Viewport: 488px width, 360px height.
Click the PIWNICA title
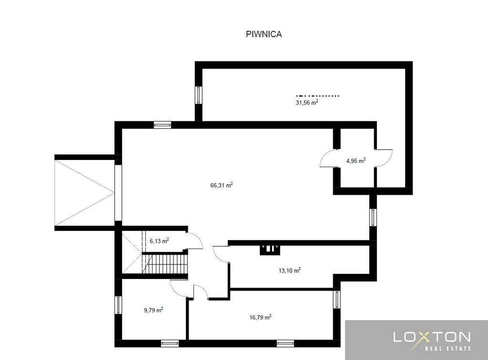point(264,34)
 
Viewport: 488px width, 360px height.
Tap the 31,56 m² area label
point(307,102)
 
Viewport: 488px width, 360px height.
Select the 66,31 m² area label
point(222,185)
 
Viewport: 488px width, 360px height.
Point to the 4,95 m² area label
point(356,161)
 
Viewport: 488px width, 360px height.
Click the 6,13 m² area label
point(159,241)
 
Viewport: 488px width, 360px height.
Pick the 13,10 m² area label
point(289,270)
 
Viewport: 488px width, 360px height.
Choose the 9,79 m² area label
point(153,310)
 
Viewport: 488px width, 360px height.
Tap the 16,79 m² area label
point(261,318)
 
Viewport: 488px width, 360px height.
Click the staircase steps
point(165,264)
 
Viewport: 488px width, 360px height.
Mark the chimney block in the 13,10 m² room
point(270,250)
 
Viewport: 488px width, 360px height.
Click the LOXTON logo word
point(432,337)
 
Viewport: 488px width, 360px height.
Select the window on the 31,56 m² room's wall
point(199,95)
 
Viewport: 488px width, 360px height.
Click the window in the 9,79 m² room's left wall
point(118,305)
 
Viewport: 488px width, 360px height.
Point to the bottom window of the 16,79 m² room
point(285,343)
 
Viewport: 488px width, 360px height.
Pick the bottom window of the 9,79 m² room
point(170,343)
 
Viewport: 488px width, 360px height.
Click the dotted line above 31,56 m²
point(317,96)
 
